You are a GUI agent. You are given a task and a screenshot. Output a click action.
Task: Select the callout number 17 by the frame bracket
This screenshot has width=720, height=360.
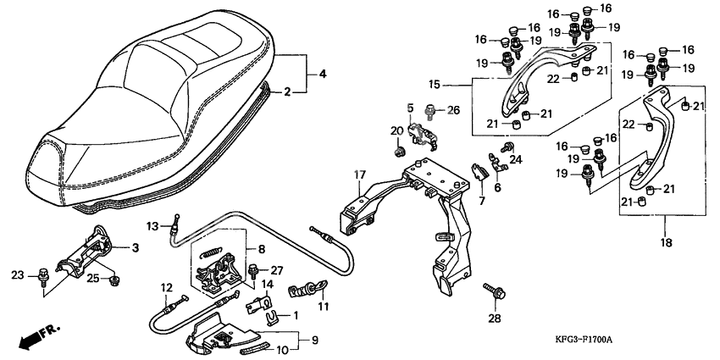tap(359, 175)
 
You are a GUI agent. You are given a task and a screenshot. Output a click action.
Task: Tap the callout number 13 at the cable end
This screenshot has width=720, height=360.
tap(152, 225)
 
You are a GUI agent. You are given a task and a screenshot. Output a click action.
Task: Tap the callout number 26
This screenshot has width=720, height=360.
tap(452, 109)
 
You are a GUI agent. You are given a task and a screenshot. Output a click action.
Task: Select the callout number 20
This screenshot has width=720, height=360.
tap(396, 130)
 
